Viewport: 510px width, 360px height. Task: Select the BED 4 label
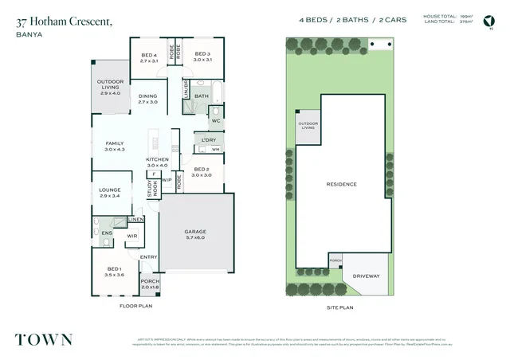(x=150, y=57)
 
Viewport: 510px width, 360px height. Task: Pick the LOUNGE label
(x=109, y=191)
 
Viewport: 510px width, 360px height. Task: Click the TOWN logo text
(x=44, y=338)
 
